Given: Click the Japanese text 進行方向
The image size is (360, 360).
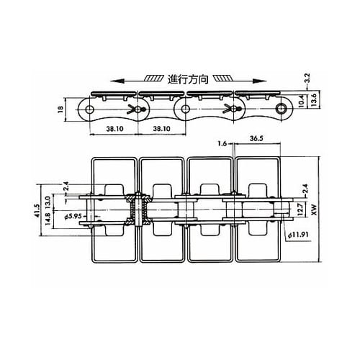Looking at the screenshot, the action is coord(188,79).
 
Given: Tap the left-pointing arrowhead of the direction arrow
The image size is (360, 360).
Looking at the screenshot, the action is coord(114,81).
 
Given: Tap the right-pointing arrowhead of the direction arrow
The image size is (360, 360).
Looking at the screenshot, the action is coord(262,81).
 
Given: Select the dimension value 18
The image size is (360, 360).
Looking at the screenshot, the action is coord(60,109).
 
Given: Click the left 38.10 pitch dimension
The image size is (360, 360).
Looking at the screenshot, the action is coord(114,129).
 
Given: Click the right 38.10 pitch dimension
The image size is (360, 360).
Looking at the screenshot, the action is coord(161,129).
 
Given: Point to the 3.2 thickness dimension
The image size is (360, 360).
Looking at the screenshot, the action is coord(307,78).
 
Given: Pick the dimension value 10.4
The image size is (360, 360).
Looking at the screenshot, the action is coord(302,100).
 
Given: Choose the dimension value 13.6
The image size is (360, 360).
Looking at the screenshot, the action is coord(313,99).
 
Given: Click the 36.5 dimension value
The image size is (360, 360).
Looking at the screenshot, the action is coord(256,138).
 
